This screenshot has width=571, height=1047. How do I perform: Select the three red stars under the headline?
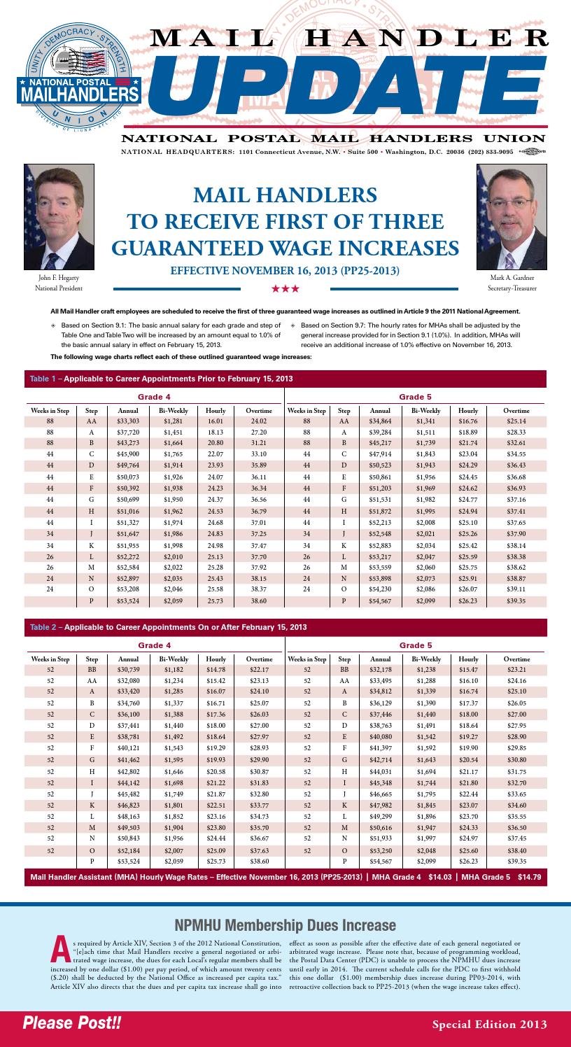point(285,288)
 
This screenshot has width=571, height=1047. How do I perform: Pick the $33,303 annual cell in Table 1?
point(128,421)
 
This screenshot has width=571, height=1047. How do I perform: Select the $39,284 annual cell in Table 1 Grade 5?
point(380,433)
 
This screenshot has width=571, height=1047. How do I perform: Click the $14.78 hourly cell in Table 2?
point(216,670)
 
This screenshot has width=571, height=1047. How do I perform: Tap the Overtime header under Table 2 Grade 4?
point(259,659)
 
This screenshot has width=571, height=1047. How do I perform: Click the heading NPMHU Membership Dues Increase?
point(285,925)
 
